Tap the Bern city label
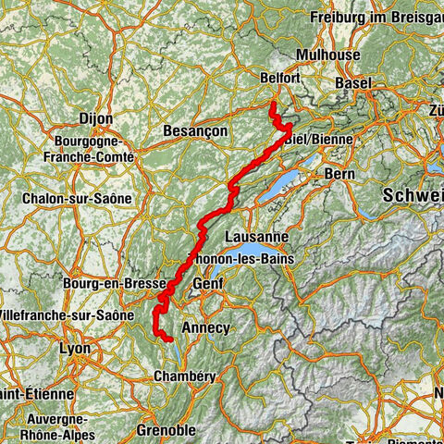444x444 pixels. (333, 173)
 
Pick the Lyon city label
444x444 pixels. (75, 349)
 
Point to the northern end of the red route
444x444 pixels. (272, 105)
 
